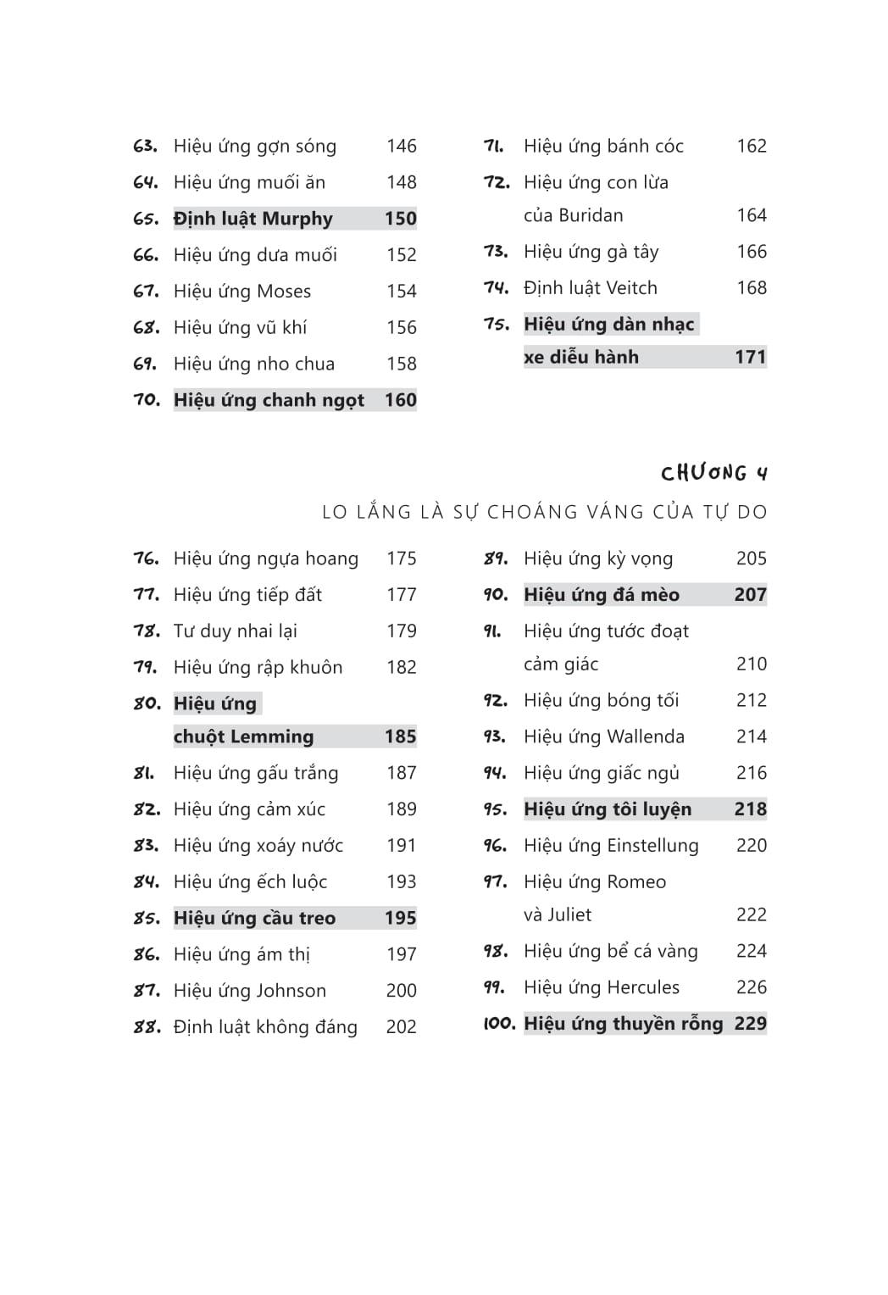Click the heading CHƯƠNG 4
coord(714,473)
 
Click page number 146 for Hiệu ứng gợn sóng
coord(401,146)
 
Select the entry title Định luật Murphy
coord(253,219)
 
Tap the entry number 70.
coord(147,400)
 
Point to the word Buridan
coord(591,215)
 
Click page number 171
coord(750,357)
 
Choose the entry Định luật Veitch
coord(590,288)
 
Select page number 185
coord(400,736)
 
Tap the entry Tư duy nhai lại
coord(235,631)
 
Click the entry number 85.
coord(147,918)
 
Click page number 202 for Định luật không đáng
coord(401,1027)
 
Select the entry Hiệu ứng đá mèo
coord(601,595)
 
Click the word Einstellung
coord(652,846)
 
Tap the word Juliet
coord(569,914)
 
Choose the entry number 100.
coord(499,1024)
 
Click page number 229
coord(750,1024)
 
